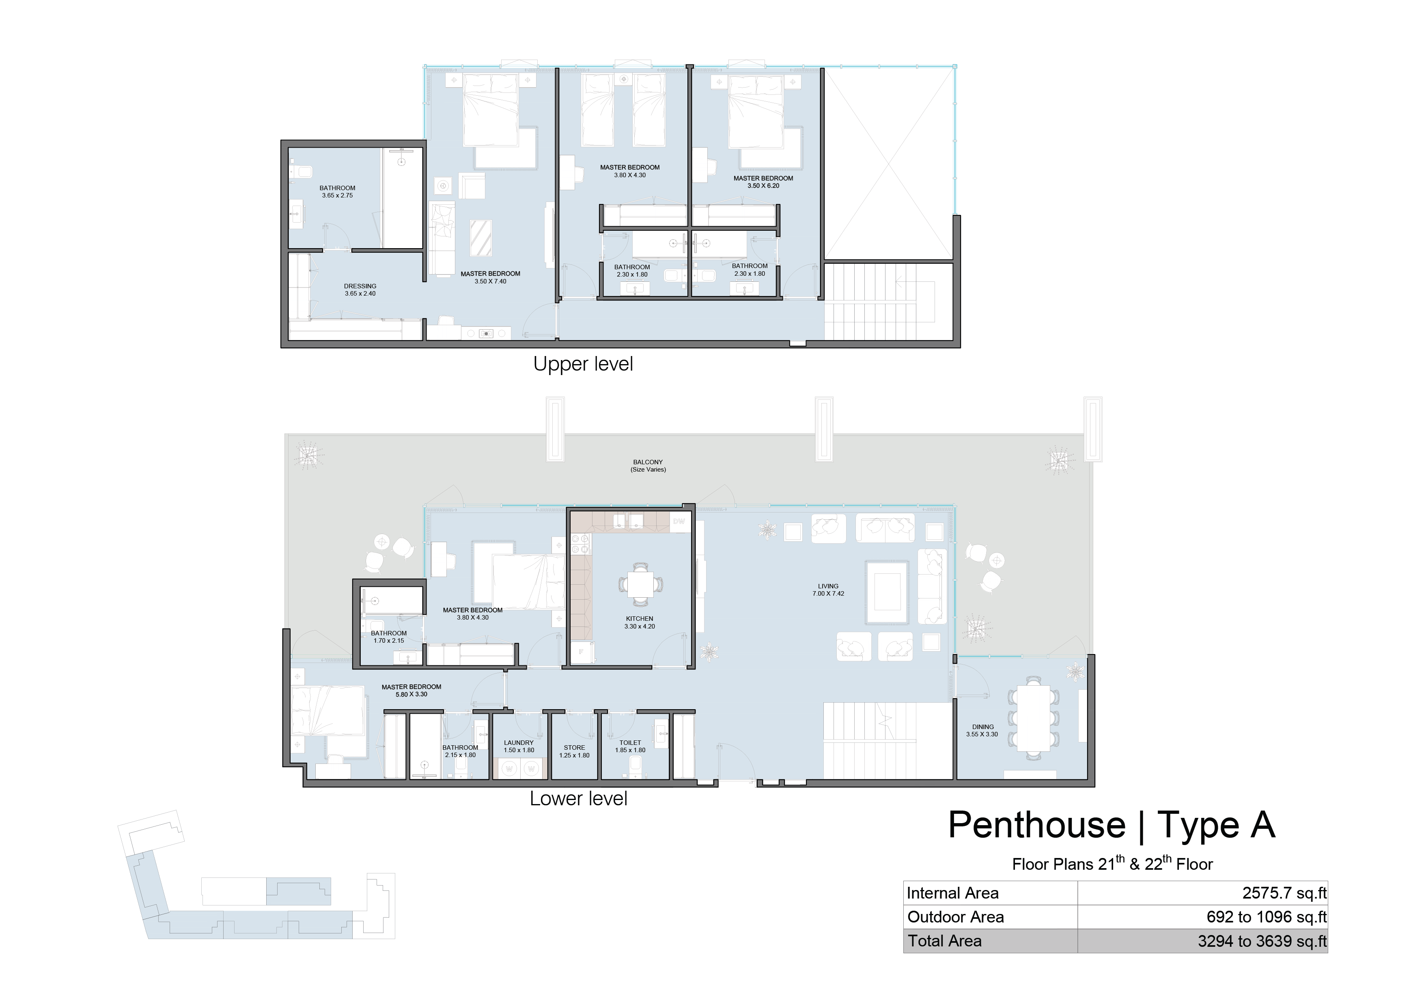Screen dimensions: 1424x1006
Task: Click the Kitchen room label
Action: click(x=640, y=622)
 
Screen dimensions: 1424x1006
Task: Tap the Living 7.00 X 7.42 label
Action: click(x=828, y=590)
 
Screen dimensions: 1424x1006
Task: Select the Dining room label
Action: click(x=982, y=730)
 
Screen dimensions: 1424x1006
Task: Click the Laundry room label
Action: click(x=519, y=746)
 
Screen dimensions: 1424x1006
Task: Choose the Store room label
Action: click(x=574, y=751)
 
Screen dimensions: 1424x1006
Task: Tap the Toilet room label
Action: click(x=630, y=746)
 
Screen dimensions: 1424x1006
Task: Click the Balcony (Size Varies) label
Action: click(x=648, y=465)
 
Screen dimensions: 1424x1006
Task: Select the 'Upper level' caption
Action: click(x=583, y=364)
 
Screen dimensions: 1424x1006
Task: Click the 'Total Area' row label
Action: click(x=945, y=941)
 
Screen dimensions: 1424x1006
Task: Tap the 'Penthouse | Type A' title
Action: click(x=1112, y=825)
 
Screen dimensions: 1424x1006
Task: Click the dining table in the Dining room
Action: click(x=1033, y=719)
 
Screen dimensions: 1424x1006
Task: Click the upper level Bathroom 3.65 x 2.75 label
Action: click(x=337, y=191)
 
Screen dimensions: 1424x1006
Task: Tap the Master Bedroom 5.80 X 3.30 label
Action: click(x=411, y=691)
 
